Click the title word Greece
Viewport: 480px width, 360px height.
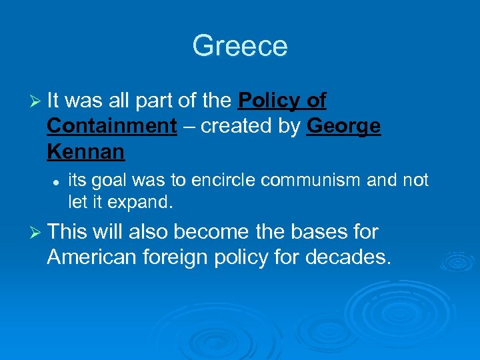coord(240,46)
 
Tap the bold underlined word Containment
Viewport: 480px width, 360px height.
coord(112,126)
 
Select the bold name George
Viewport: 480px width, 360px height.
coord(343,126)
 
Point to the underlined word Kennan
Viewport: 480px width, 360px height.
coord(86,152)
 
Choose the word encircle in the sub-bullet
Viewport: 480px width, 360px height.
coord(220,180)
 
